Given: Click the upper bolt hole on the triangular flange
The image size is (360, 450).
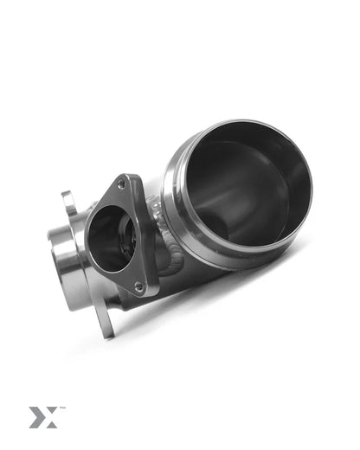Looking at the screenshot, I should (121, 184).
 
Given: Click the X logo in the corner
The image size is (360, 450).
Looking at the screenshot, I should (42, 416).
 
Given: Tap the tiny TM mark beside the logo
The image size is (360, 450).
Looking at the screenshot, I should (62, 408).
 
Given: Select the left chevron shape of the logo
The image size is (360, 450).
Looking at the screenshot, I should (36, 416).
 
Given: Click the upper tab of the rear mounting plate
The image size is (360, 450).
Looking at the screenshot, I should (69, 202).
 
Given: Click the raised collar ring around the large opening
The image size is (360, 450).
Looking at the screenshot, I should (186, 242).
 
